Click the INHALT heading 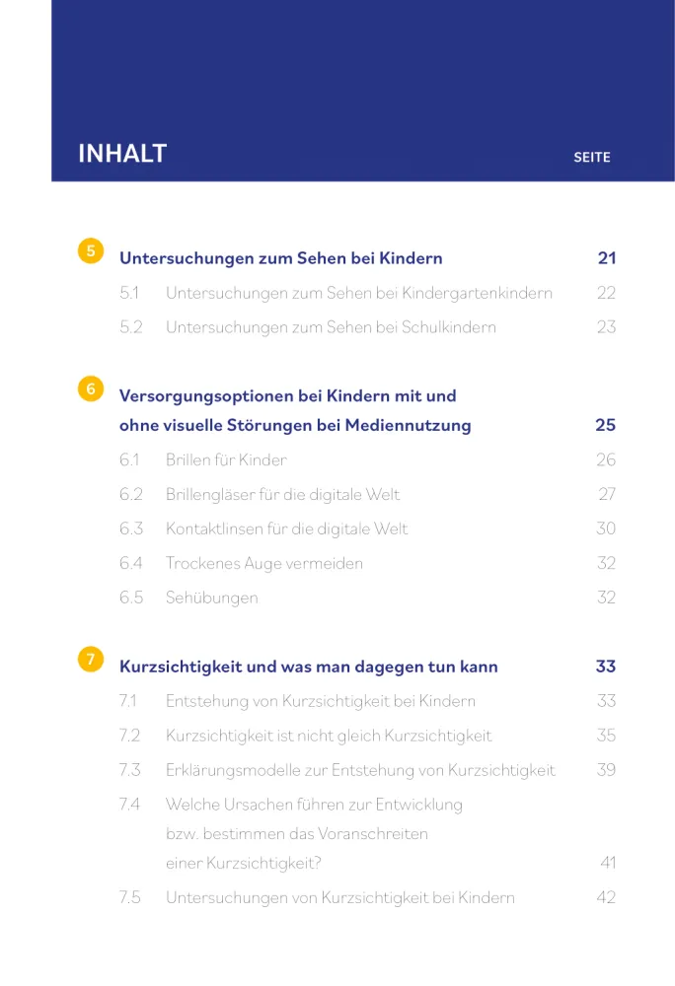(x=122, y=155)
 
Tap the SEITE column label (x=592, y=157)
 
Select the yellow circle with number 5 (x=91, y=250)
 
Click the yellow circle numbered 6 (x=91, y=389)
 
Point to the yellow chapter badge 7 (x=91, y=659)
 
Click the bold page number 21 (x=606, y=258)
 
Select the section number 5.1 (x=129, y=293)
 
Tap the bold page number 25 (x=605, y=426)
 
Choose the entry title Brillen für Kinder (x=226, y=460)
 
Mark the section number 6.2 (x=131, y=495)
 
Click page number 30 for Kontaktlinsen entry (x=606, y=529)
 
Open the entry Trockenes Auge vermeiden (x=263, y=564)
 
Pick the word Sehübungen (x=211, y=599)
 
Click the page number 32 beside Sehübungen (x=606, y=599)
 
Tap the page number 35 (x=606, y=736)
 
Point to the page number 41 (x=608, y=864)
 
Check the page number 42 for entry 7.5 (x=606, y=898)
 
